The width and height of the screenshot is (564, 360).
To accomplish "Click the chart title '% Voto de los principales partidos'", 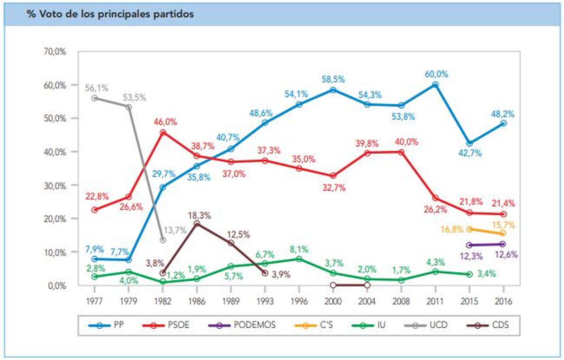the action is click(110, 14).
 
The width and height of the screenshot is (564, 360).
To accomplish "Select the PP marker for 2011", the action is click(435, 85).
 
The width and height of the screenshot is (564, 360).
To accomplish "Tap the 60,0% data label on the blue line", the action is click(436, 74).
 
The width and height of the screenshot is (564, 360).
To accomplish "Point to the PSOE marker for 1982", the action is click(163, 132).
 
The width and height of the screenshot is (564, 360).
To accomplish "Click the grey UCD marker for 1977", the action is click(94, 98).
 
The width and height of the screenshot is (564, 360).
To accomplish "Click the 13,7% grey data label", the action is click(175, 230).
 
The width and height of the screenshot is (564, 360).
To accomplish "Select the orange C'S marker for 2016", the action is click(503, 233).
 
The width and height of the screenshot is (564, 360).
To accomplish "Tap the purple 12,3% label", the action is click(471, 256).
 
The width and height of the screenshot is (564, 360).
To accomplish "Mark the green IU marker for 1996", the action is click(299, 259).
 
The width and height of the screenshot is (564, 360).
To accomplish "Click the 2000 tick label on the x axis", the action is click(333, 301).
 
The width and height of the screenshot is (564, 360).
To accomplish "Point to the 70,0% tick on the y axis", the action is click(55, 51).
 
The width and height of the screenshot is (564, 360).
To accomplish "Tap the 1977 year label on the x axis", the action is click(94, 301).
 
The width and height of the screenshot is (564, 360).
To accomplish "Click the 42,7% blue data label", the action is click(470, 153).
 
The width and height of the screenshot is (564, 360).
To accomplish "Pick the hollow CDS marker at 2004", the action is click(367, 285).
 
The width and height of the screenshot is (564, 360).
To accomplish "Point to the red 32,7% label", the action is click(334, 188).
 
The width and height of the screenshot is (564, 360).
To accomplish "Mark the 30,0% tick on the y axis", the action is click(55, 185).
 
